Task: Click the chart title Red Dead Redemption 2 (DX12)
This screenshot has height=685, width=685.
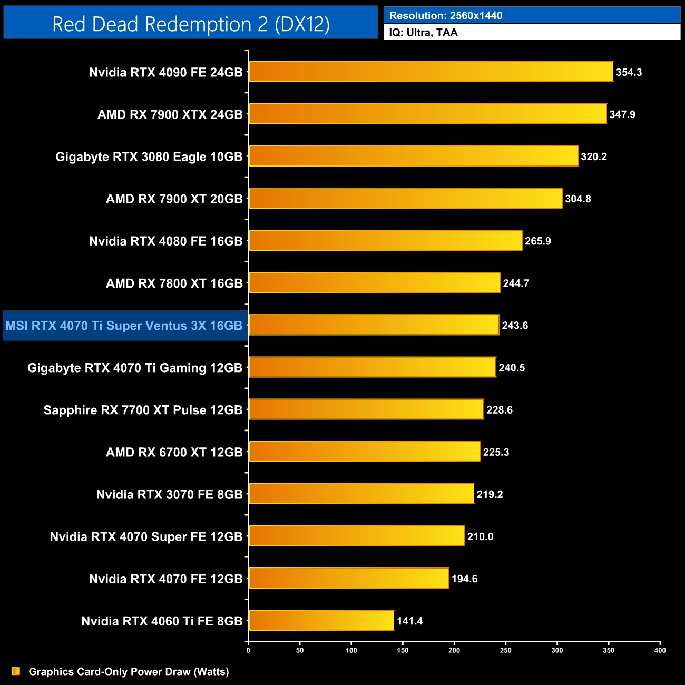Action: click(x=191, y=24)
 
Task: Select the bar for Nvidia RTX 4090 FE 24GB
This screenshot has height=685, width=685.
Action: click(x=431, y=72)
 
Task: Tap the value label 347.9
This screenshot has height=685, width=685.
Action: click(x=622, y=114)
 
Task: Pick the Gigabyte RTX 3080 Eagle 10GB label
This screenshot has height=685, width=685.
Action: click(x=149, y=156)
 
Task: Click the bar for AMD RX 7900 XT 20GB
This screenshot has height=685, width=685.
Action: click(x=405, y=198)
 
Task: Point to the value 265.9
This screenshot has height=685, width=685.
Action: click(x=537, y=241)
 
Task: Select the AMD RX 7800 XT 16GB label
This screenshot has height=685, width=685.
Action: click(x=174, y=283)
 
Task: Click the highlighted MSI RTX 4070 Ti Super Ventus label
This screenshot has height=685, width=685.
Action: click(x=124, y=326)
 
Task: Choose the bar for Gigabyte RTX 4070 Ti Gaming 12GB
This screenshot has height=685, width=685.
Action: click(x=372, y=367)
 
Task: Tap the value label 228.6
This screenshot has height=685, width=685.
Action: click(x=499, y=410)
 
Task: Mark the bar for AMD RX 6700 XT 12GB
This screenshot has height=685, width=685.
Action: click(x=365, y=452)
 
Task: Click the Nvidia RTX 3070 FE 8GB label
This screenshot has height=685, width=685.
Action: click(x=169, y=494)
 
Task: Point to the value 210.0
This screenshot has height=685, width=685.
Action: click(x=480, y=536)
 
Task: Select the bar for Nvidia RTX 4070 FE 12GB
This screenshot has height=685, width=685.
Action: click(x=349, y=578)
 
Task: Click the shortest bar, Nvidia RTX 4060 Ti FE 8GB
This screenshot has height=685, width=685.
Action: click(x=321, y=620)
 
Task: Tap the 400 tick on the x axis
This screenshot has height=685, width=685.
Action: click(x=660, y=650)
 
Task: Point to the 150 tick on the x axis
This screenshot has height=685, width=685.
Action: click(x=403, y=650)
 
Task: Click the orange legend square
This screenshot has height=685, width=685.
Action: click(x=16, y=671)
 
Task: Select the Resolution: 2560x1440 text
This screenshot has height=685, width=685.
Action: click(x=446, y=15)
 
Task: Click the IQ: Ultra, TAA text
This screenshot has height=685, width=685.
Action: click(x=423, y=32)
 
